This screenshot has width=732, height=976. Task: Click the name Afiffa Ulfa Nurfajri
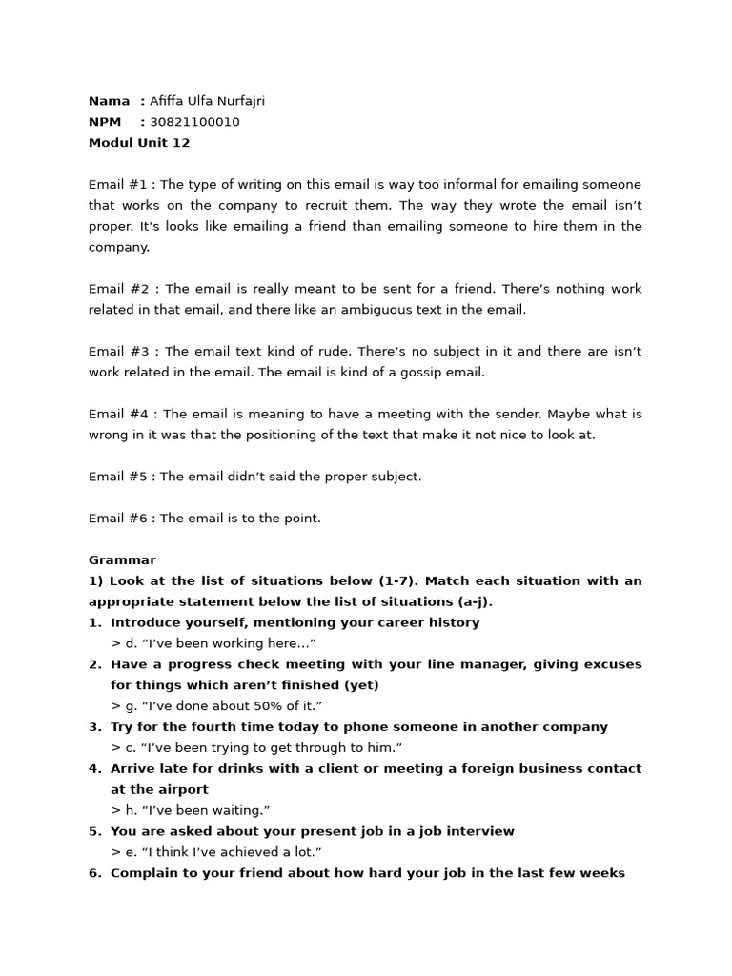(207, 101)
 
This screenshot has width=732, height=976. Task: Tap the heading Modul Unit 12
(139, 143)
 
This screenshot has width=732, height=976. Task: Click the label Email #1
(120, 185)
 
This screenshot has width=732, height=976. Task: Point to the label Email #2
(120, 289)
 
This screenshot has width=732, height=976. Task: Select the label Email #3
(120, 352)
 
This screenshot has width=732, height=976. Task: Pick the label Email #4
(120, 415)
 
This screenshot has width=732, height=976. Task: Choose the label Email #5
(120, 477)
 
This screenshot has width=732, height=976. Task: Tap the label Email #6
(120, 518)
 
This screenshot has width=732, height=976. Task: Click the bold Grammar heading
(122, 560)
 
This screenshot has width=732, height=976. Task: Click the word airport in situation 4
(183, 790)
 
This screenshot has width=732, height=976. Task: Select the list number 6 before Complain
(93, 873)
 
